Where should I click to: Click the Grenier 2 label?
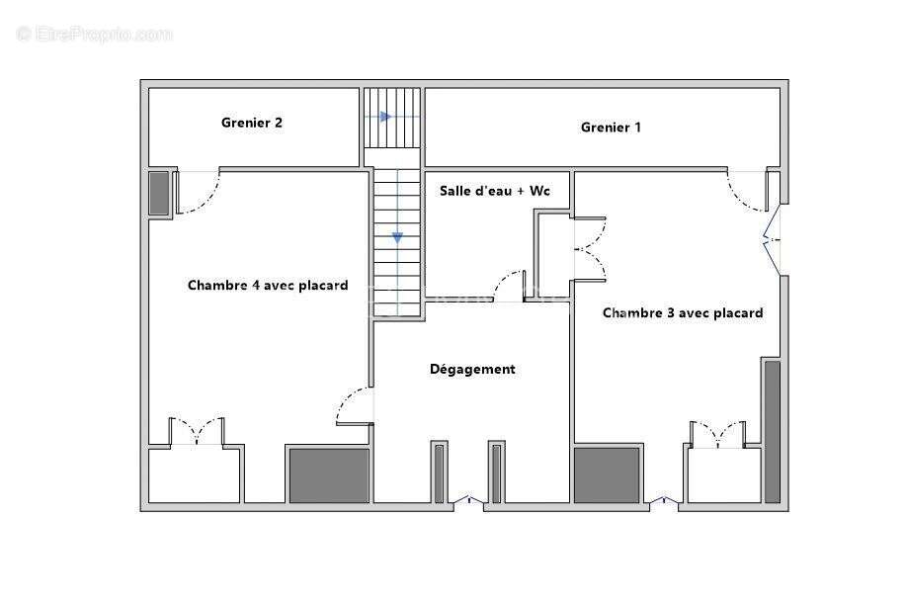click(252, 123)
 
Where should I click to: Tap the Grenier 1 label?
click(611, 127)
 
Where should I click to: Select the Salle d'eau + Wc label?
click(495, 190)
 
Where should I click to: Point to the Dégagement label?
click(472, 369)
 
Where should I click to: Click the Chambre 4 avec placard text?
click(268, 285)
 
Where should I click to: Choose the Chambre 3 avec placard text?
click(683, 312)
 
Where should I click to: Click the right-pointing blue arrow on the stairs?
click(385, 117)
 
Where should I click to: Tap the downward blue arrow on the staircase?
click(397, 238)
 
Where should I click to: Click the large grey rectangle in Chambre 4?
click(328, 475)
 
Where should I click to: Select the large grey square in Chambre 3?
click(607, 475)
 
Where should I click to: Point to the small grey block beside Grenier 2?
click(159, 193)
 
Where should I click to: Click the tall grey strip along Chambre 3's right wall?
click(772, 431)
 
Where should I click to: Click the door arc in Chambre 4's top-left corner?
click(197, 193)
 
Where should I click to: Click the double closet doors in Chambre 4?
click(197, 432)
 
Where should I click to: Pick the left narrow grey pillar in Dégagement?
click(439, 474)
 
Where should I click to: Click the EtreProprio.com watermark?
click(95, 35)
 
